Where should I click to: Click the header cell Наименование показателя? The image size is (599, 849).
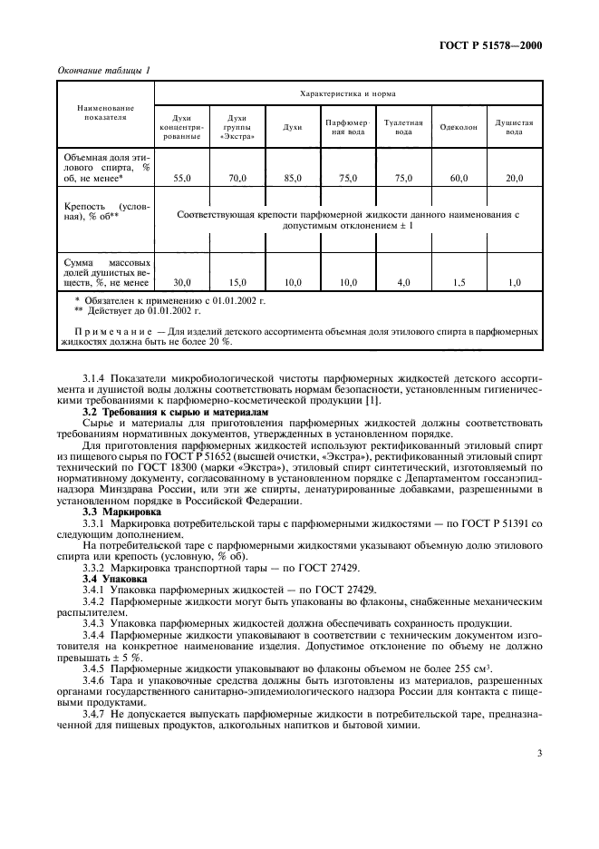click(105, 112)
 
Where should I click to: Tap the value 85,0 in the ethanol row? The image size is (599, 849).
click(292, 179)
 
